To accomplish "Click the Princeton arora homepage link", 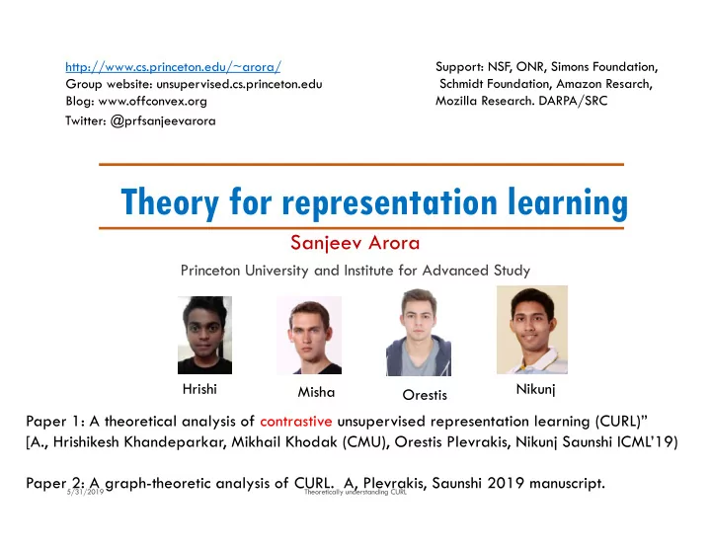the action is click(173, 67).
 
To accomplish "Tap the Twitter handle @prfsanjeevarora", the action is click(163, 121).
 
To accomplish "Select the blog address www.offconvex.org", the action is click(153, 101).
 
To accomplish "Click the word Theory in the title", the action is click(170, 201).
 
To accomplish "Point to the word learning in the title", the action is click(568, 201).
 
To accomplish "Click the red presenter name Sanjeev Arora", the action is click(355, 243).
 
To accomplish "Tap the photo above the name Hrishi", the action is click(205, 335).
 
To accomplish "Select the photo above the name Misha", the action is click(309, 335).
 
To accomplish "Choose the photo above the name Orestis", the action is click(419, 333).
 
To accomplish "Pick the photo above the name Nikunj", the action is click(532, 330).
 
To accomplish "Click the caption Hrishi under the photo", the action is click(199, 389).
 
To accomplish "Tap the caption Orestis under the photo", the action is click(425, 395).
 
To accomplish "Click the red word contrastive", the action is click(296, 422).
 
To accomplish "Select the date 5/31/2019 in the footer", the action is click(85, 492).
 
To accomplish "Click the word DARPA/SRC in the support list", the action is click(573, 101).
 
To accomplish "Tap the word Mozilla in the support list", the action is click(456, 101).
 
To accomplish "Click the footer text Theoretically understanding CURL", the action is click(355, 492).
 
